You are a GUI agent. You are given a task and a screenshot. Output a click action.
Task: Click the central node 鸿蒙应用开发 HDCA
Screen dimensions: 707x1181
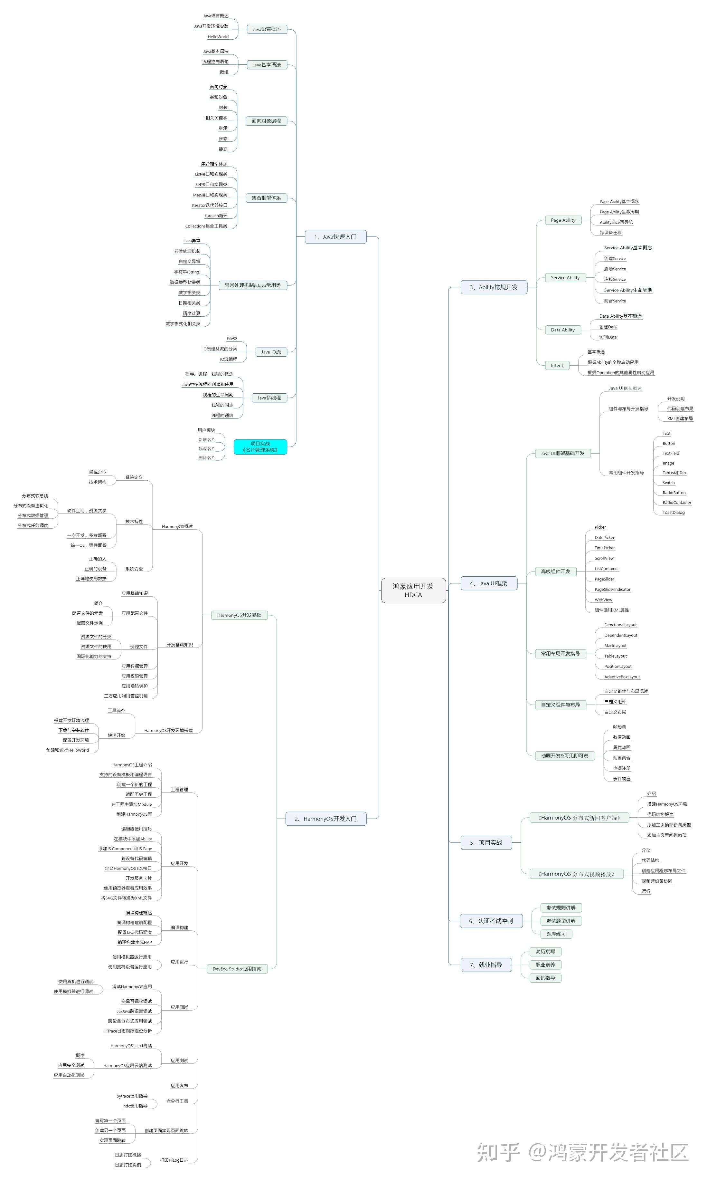point(413,590)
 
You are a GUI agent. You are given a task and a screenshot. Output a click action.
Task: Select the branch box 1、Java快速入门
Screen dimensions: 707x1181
point(335,236)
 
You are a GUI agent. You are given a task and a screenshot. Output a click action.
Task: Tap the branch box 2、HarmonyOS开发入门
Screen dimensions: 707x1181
point(325,818)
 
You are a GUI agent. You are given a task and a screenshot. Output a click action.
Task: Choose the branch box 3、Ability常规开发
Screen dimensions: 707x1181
point(494,287)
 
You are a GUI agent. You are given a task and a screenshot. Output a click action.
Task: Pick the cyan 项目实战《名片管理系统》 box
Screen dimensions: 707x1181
point(260,446)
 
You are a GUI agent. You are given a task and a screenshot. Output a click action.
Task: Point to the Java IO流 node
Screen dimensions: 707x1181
point(271,352)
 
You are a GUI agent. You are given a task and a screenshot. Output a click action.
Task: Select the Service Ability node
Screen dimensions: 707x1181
point(565,277)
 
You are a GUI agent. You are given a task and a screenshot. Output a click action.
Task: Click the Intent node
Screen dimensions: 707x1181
point(557,365)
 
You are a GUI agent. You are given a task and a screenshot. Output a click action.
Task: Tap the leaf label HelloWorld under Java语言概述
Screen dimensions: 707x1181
point(218,37)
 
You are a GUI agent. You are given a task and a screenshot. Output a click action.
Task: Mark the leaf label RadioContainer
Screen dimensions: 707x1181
point(676,502)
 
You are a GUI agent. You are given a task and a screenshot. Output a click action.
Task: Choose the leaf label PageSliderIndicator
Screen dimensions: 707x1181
point(612,589)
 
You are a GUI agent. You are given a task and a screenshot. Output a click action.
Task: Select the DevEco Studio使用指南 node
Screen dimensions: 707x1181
point(237,968)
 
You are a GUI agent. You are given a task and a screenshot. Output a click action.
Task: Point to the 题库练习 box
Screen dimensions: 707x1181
point(556,934)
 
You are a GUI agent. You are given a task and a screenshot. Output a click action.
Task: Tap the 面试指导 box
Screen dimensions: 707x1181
point(545,977)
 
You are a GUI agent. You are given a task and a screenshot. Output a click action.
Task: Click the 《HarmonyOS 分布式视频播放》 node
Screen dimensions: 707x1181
point(577,874)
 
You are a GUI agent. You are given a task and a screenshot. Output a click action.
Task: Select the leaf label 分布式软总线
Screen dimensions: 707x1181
point(35,496)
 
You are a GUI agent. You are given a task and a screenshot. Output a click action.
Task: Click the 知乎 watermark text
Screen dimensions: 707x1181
point(498,1151)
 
